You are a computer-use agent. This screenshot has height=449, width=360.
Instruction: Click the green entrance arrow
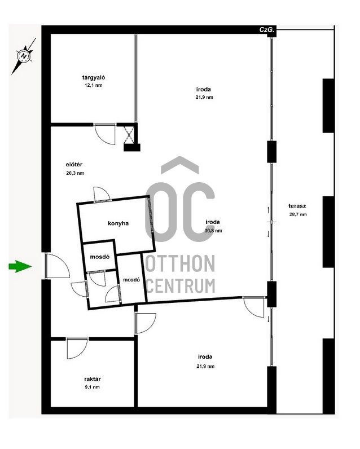tap(20, 266)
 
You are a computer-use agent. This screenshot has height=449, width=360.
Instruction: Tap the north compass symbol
tap(24, 56)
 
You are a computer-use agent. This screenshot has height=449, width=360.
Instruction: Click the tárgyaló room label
tap(93, 78)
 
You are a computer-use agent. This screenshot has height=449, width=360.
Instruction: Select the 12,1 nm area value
tap(93, 85)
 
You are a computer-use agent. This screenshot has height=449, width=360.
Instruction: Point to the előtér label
tap(74, 165)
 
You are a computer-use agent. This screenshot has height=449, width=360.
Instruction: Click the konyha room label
tap(118, 223)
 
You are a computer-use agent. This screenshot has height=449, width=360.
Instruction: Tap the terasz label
tap(297, 206)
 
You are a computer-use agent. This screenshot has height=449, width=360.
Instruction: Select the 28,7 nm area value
tap(298, 214)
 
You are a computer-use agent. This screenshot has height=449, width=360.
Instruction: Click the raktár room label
tap(92, 379)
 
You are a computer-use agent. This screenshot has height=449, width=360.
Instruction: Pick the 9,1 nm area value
tap(92, 387)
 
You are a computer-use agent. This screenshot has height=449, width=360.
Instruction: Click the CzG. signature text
tap(267, 29)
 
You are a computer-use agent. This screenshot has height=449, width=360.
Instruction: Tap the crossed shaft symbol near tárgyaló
tap(129, 135)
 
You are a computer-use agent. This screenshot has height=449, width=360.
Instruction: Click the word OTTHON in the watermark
tap(180, 264)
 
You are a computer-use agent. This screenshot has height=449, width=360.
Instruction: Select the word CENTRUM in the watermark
tap(181, 285)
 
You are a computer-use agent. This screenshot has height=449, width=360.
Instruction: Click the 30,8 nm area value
tap(213, 231)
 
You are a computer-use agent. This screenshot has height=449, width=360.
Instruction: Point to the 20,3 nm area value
tap(75, 173)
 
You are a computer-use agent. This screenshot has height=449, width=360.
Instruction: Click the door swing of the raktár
tap(77, 348)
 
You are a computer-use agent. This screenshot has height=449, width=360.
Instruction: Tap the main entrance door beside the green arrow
tap(58, 266)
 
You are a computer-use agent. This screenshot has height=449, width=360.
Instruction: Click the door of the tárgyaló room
tap(105, 134)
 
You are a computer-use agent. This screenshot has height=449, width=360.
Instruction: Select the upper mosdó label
tap(100, 257)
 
